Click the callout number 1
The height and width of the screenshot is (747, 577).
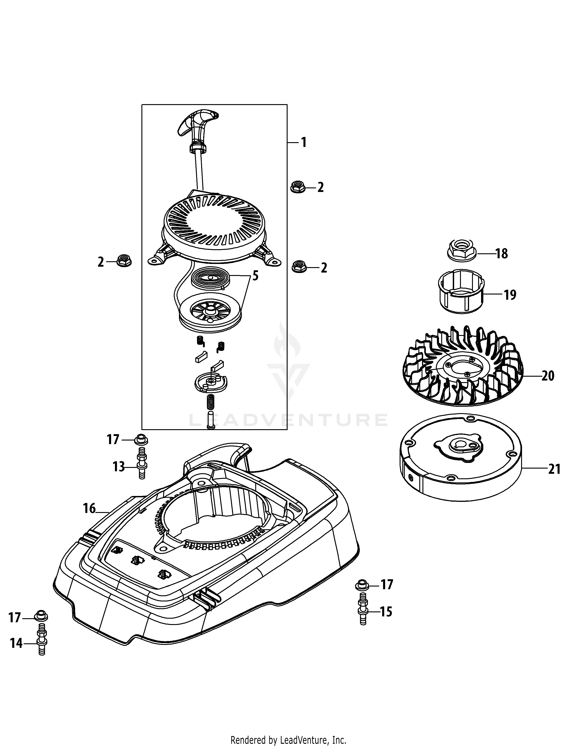pos(303,142)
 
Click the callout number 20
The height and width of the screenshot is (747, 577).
pos(548,376)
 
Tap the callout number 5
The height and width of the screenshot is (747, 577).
pos(255,276)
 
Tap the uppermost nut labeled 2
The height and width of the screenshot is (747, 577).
pos(298,187)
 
